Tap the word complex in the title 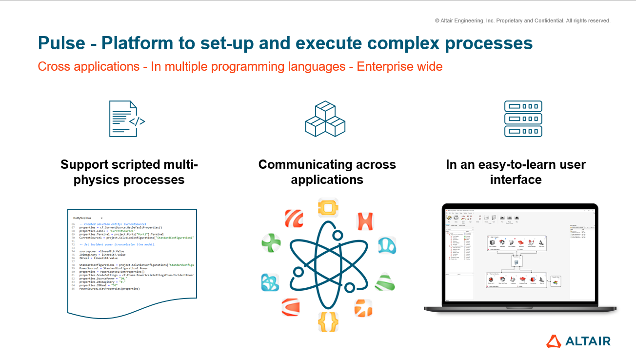point(398,43)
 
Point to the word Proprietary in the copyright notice point(522,21)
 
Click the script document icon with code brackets point(127,119)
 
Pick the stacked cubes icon point(325,119)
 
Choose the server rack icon point(523,119)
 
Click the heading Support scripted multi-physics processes point(129,172)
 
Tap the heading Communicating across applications point(327,172)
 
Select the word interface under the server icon point(516,180)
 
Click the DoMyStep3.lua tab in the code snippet point(82,218)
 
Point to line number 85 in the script point(73,289)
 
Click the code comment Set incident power point(117,244)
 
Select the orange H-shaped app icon point(365,221)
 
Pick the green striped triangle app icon point(384,282)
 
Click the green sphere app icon point(271,242)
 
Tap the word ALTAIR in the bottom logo point(588,341)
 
